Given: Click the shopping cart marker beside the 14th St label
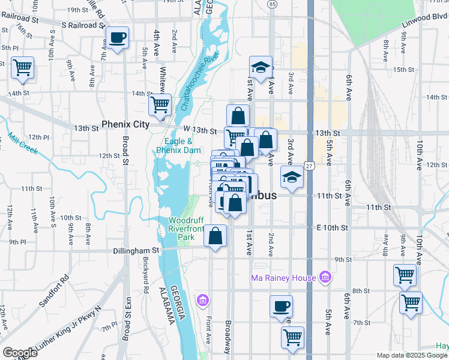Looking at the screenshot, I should pos(160,106).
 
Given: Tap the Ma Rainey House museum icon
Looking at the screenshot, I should pos(326,277).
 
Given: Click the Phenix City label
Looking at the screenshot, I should pos(125,125).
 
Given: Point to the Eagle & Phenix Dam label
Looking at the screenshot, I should pos(174,146).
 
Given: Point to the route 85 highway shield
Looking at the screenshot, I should pos(273,5).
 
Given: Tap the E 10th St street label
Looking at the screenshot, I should pos(333,228).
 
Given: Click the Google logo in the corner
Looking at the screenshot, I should pos(20,353).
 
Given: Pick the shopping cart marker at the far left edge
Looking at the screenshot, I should pos(23,68).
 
